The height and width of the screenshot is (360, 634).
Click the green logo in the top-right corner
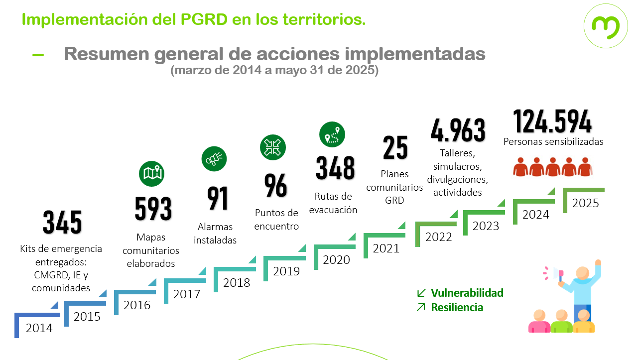pyautogui.click(x=605, y=26)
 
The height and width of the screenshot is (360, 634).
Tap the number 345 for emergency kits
pyautogui.click(x=62, y=223)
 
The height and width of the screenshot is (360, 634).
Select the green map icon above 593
pyautogui.click(x=151, y=174)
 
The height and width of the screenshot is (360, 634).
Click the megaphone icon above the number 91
pyautogui.click(x=214, y=159)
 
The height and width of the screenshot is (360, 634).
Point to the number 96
pyautogui.click(x=275, y=186)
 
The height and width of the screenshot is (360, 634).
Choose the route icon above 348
pyautogui.click(x=332, y=135)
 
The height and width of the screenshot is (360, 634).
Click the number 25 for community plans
pyautogui.click(x=395, y=148)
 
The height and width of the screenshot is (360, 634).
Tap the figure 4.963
pyautogui.click(x=458, y=130)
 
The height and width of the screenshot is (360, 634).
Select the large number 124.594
pyautogui.click(x=552, y=121)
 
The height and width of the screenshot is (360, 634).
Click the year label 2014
pyautogui.click(x=39, y=329)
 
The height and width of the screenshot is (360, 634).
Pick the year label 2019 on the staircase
pyautogui.click(x=286, y=271)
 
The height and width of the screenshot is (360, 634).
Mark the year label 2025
pyautogui.click(x=585, y=203)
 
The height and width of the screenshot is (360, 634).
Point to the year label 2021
pyautogui.click(x=386, y=248)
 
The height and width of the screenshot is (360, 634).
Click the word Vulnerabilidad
pyautogui.click(x=467, y=293)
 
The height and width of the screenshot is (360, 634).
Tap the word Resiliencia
pyautogui.click(x=457, y=307)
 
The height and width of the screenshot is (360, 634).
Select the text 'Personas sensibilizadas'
pyautogui.click(x=553, y=142)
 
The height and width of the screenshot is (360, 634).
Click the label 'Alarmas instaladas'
pyautogui.click(x=215, y=234)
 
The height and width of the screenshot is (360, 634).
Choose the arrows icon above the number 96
pyautogui.click(x=273, y=147)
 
